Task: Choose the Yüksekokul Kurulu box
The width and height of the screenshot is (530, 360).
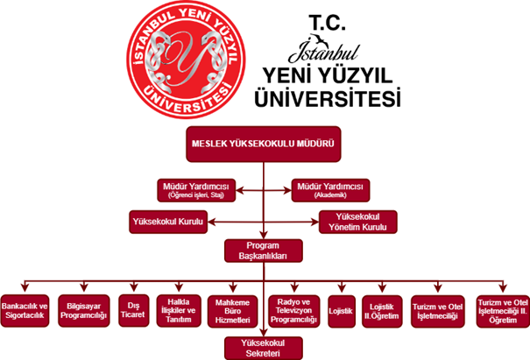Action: click(166, 222)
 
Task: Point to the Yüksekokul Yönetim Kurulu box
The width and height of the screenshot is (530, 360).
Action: click(358, 222)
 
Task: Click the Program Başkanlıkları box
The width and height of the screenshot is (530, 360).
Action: click(263, 251)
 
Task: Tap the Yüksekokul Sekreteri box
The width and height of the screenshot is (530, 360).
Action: click(263, 347)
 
